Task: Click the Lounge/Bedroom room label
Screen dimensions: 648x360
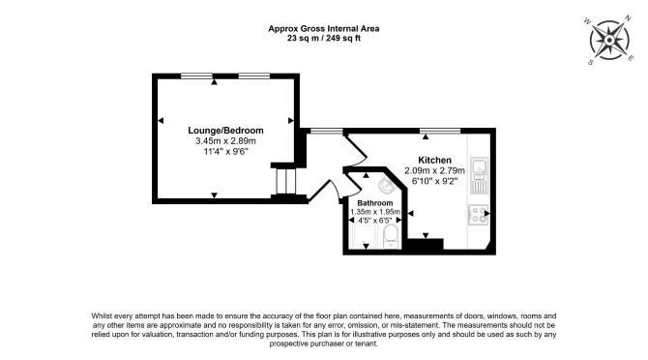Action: point(225,131)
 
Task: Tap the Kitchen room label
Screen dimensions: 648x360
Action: point(434,160)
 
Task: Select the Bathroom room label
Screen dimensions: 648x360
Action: point(375,203)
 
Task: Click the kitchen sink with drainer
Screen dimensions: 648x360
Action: point(479,175)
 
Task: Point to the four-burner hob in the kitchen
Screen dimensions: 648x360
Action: point(478,215)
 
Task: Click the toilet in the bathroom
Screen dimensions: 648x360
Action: point(391,237)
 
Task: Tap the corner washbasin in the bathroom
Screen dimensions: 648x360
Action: point(387,185)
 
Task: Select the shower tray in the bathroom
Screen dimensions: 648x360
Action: point(364,237)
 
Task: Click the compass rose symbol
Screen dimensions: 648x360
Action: point(609,40)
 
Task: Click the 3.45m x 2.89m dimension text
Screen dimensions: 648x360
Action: point(225,141)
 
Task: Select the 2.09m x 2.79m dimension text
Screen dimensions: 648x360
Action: point(434,170)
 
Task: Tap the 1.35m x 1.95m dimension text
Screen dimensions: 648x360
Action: point(375,212)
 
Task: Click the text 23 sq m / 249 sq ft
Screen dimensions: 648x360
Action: point(324,39)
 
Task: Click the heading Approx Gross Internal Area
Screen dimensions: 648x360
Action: point(324,28)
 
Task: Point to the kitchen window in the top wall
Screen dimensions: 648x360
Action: point(440,131)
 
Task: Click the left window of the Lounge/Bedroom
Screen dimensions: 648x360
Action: point(196,76)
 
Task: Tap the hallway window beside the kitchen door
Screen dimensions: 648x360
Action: point(327,131)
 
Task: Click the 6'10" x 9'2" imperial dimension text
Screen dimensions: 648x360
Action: point(434,181)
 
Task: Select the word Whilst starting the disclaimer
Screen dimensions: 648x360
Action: point(102,315)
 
